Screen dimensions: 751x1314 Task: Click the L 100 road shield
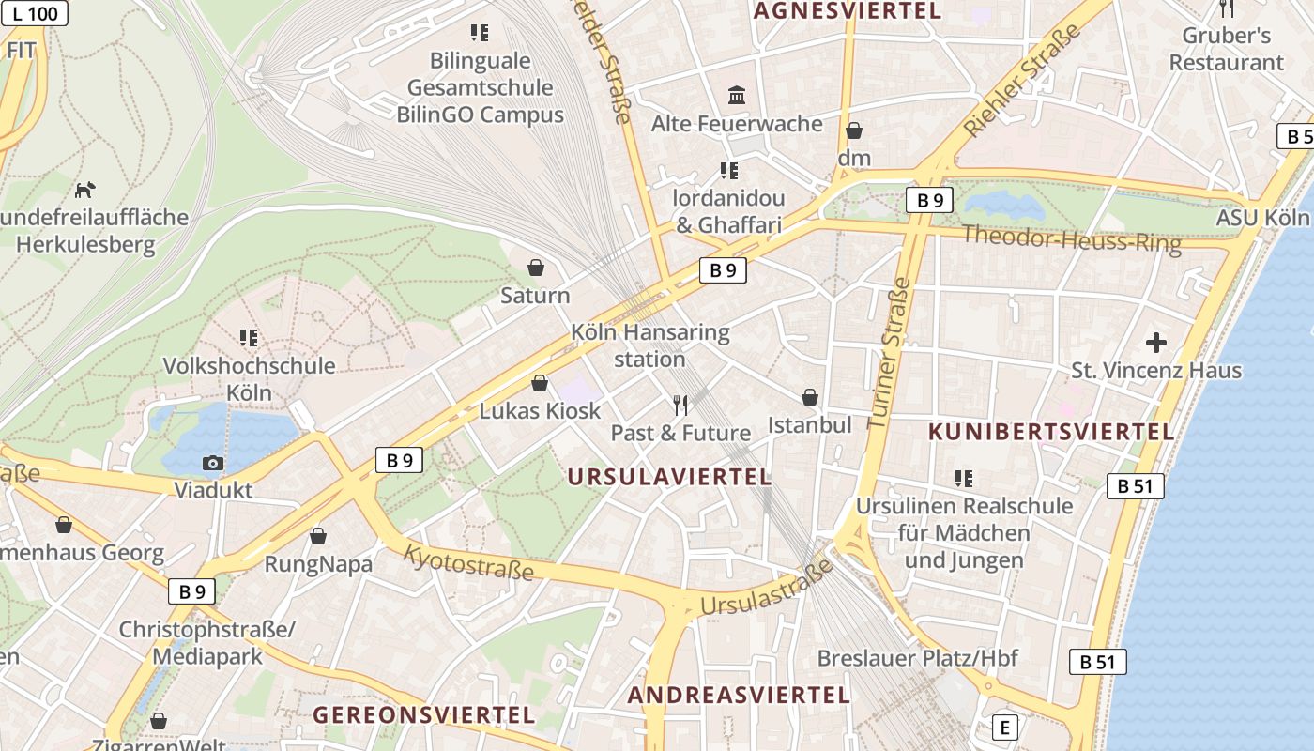(35, 13)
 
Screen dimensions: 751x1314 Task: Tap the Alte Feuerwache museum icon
(737, 95)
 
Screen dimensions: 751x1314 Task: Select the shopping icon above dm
(854, 130)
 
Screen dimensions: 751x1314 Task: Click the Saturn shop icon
(535, 268)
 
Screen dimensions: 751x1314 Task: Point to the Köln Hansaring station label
(649, 345)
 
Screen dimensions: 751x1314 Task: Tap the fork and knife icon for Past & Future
(680, 406)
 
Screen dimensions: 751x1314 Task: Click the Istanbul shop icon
(810, 397)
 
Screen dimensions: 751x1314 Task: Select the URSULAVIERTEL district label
(669, 477)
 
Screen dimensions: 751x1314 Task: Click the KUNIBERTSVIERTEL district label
(1051, 432)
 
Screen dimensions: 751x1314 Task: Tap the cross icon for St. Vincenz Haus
(1156, 343)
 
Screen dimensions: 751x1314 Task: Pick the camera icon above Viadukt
(213, 463)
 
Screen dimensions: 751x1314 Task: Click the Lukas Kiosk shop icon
(540, 383)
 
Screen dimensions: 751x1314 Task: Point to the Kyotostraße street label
(468, 563)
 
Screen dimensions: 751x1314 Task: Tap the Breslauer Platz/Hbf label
(917, 657)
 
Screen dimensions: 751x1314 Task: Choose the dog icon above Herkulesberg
(85, 190)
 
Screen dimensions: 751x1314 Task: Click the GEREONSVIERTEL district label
(423, 714)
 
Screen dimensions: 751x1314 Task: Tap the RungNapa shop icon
(318, 536)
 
